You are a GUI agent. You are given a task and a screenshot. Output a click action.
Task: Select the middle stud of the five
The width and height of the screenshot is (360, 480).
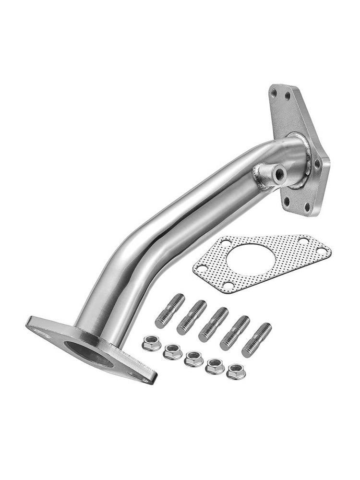(213, 324)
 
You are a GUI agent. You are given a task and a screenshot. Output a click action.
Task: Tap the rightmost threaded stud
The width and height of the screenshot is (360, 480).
(256, 340)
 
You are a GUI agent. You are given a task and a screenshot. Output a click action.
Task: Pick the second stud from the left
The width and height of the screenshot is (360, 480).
(191, 317)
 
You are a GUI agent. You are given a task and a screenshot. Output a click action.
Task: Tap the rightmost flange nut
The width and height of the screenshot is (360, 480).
(235, 371)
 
